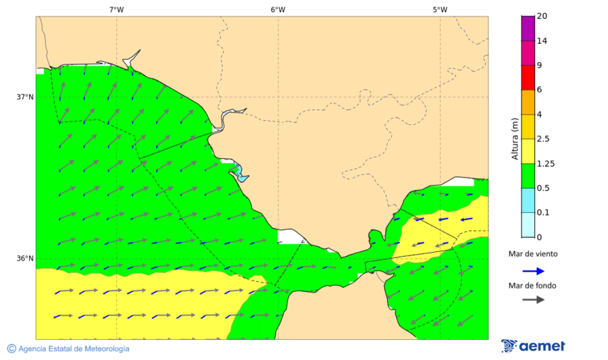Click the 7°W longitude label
coord(116,9)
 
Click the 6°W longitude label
coord(278,9)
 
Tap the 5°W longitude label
coord(440,9)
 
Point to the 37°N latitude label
coord(25,97)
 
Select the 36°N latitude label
coord(25,258)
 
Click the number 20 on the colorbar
coord(542,16)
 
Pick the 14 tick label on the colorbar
coord(542,41)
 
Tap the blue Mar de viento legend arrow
coord(533,271)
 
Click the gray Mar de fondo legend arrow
coord(533,299)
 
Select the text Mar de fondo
coord(533,285)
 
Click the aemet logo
coord(534,346)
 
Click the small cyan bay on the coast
coord(239,174)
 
